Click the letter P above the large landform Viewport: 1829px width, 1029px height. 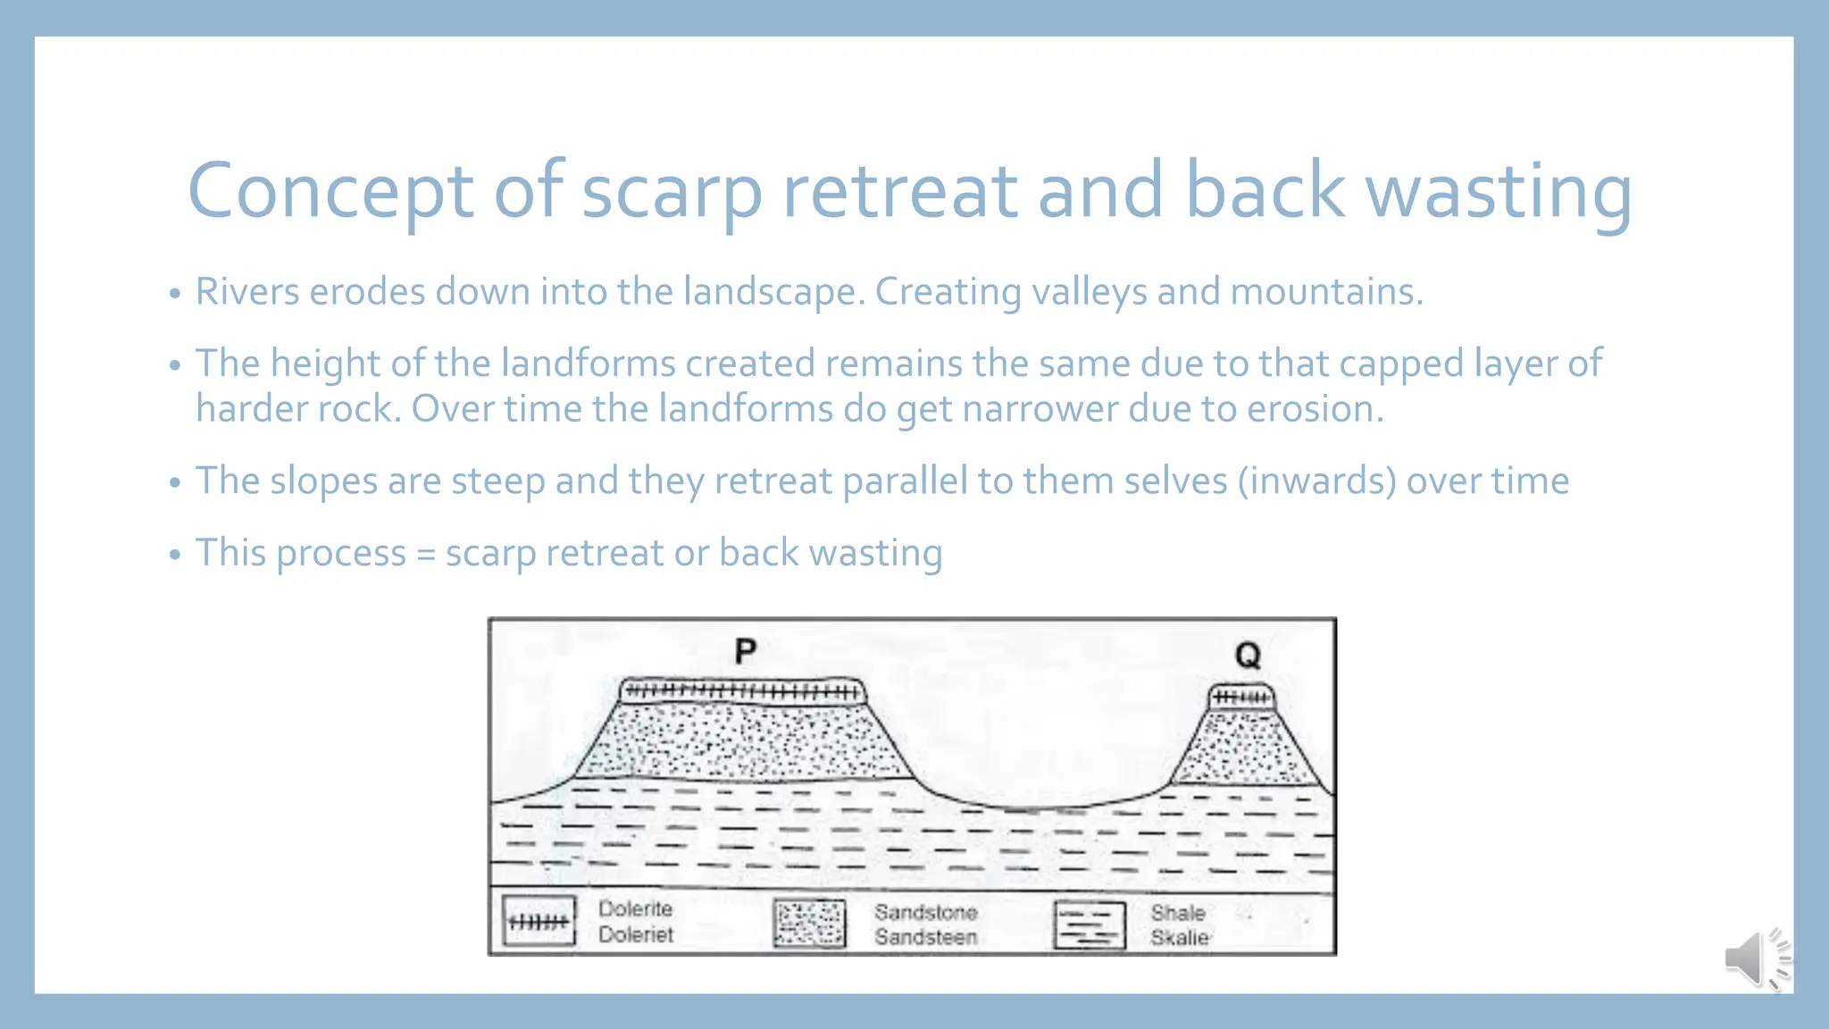[x=745, y=651]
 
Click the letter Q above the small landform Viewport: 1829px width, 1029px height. [x=1248, y=656]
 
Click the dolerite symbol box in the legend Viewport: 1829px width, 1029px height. [x=539, y=922]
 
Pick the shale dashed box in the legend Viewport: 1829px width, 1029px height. [x=1089, y=925]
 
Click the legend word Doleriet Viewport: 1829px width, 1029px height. [x=636, y=934]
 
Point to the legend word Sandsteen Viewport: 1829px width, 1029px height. [x=925, y=937]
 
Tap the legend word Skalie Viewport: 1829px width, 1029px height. [x=1180, y=938]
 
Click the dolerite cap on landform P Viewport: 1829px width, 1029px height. [x=741, y=691]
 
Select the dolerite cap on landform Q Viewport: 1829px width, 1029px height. [x=1241, y=697]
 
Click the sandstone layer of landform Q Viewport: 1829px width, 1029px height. [x=1244, y=750]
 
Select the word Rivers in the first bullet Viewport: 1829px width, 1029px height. [x=247, y=292]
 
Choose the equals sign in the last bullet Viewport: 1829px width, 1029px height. [x=426, y=555]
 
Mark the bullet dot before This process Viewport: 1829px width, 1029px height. [x=175, y=555]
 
